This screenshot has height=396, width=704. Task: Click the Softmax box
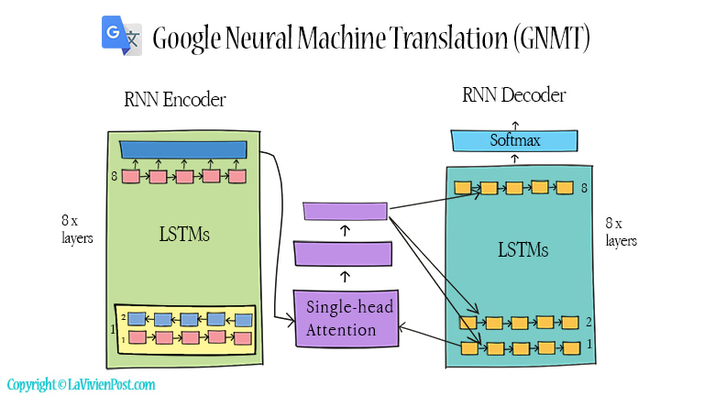514,140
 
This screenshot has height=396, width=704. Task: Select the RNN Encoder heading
175,100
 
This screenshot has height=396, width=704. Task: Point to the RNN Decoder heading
514,94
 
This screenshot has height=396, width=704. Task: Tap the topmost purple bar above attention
346,212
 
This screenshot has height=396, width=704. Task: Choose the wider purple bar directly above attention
343,253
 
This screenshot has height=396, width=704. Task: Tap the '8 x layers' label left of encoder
71,231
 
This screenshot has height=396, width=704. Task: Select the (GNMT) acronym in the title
550,39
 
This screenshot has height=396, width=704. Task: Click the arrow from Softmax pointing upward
514,123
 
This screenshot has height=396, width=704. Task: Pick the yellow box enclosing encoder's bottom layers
184,328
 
